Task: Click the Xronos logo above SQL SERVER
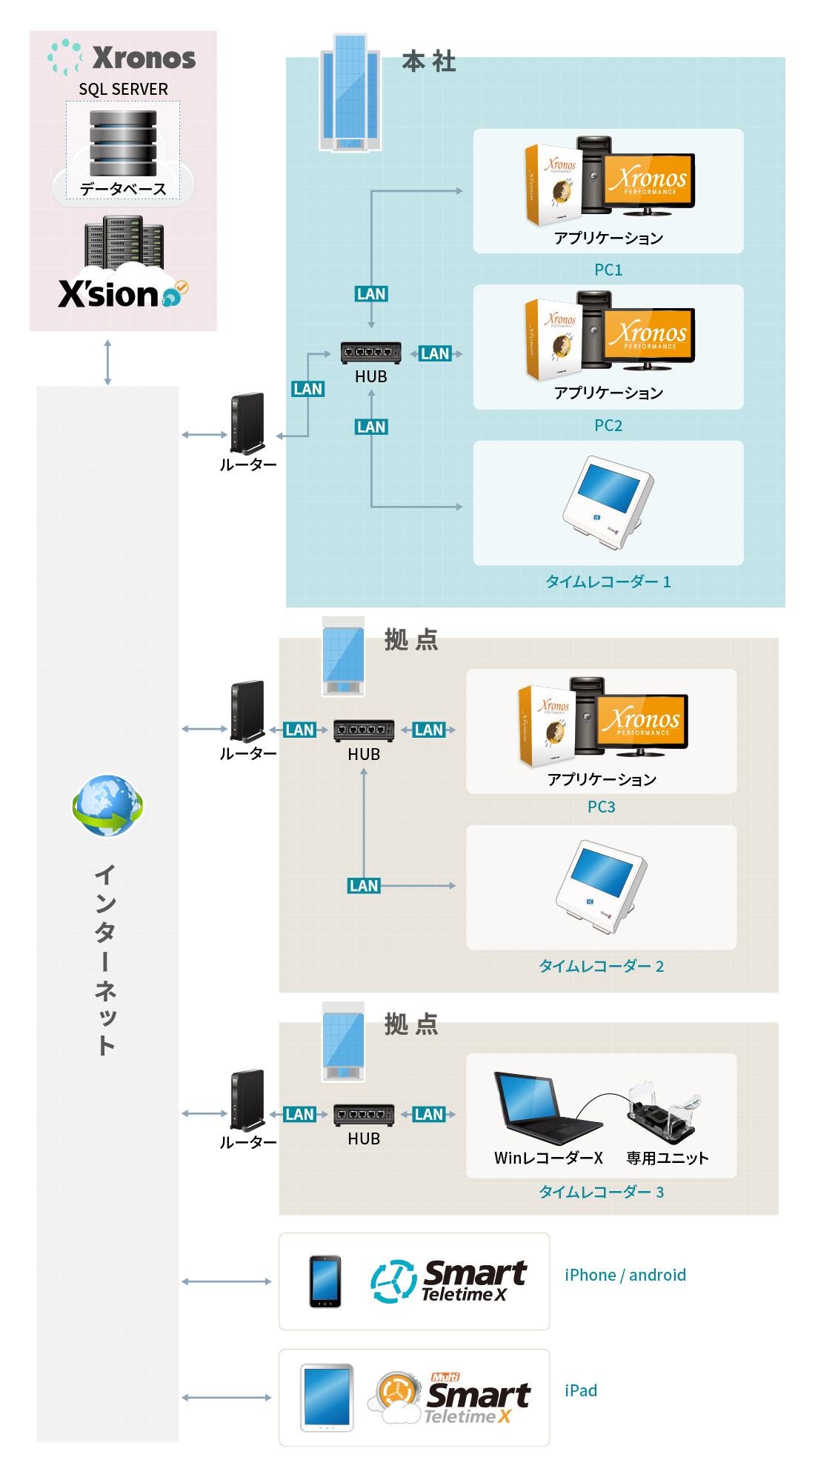(x=123, y=58)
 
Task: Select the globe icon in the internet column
(x=107, y=805)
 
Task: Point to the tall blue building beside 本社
(x=350, y=92)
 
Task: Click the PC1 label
(x=608, y=270)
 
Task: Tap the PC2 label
(x=608, y=425)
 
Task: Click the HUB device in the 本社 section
(x=371, y=353)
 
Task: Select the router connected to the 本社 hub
(x=247, y=424)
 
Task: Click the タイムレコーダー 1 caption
(x=608, y=581)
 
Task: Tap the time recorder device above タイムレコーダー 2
(x=601, y=886)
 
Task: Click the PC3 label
(x=601, y=807)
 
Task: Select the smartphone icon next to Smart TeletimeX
(x=325, y=1281)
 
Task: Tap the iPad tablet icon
(x=327, y=1397)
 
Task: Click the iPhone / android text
(x=625, y=1275)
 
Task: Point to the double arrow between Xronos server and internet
(x=107, y=362)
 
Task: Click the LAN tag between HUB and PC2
(x=435, y=353)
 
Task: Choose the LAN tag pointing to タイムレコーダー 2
(x=364, y=886)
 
